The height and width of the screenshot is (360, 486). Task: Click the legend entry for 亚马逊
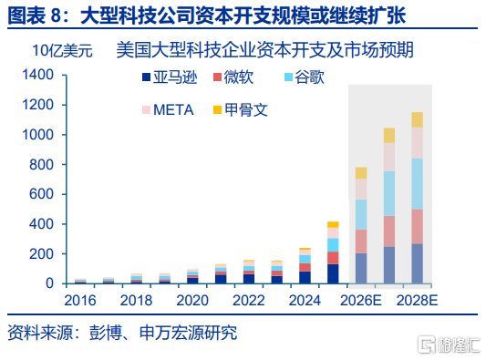click(170, 77)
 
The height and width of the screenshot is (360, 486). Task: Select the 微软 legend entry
click(233, 77)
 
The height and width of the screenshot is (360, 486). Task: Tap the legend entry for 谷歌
click(305, 77)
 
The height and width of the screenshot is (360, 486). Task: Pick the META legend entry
click(168, 110)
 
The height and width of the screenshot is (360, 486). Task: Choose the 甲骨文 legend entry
click(241, 110)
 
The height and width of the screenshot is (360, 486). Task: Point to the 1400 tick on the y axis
click(37, 75)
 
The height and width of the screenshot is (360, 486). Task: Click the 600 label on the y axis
click(41, 194)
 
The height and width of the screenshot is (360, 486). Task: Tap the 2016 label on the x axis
click(80, 300)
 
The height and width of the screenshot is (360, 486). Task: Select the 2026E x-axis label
click(361, 300)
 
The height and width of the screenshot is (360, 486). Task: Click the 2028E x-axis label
click(417, 300)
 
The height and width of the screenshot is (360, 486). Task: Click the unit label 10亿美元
click(62, 50)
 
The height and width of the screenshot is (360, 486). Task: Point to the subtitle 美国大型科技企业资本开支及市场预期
click(265, 50)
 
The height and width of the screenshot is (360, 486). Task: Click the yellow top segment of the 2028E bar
click(418, 120)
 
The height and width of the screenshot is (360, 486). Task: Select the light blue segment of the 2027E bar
click(389, 193)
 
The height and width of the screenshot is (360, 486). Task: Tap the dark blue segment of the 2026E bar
click(361, 268)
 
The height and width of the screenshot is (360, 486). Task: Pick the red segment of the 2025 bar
click(333, 258)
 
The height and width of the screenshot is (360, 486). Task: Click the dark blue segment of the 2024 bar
click(305, 277)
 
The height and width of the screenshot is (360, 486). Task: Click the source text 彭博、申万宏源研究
click(163, 333)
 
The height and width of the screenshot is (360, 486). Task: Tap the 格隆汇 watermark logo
click(450, 344)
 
